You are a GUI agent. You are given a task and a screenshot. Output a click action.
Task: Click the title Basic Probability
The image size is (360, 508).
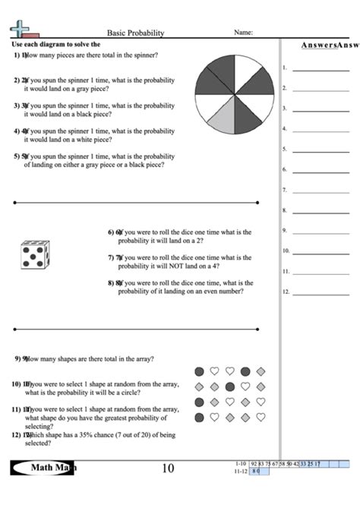135,33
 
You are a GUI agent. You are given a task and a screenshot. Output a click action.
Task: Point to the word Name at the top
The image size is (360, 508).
243,33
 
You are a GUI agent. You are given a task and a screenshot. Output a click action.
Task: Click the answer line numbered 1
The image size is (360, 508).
315,69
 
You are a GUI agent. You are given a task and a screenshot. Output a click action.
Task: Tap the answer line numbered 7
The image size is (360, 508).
315,191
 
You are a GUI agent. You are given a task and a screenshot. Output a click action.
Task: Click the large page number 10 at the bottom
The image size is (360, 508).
168,469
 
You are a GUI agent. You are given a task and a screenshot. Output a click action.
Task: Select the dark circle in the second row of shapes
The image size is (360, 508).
229,387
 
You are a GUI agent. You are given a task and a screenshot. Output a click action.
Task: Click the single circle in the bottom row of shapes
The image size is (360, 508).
199,417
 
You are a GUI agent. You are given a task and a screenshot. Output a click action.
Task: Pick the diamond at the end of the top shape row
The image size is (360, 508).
261,371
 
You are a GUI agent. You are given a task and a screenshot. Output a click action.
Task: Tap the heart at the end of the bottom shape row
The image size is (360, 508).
261,417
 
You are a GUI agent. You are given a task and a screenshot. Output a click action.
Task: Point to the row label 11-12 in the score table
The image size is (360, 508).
241,472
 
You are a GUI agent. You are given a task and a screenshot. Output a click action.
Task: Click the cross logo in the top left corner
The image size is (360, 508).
21,29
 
